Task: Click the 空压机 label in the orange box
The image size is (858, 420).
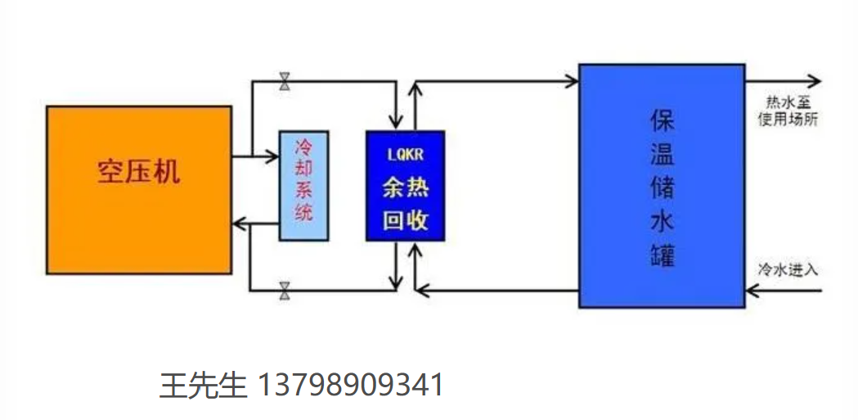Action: [x=138, y=172]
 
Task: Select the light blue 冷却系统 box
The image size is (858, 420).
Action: [x=303, y=185]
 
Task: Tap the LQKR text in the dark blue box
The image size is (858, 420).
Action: [x=405, y=153]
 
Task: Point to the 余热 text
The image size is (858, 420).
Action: [x=405, y=187]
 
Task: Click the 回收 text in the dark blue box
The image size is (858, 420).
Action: [x=405, y=220]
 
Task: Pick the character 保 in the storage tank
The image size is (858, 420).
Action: [x=662, y=120]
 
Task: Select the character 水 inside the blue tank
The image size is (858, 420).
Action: [x=662, y=221]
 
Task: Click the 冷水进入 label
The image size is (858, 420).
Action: [x=788, y=269]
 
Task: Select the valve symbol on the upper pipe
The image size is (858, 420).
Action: [x=285, y=81]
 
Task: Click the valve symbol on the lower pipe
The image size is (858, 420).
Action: [x=285, y=289]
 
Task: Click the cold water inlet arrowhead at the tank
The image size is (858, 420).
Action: [x=751, y=289]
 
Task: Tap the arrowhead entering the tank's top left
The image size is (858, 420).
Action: [x=573, y=80]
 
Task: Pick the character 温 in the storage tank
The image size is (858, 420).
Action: [x=662, y=153]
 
